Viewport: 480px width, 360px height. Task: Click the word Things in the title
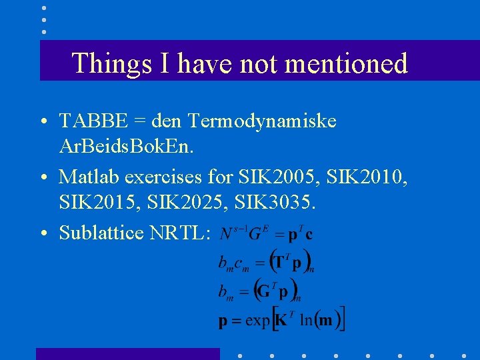tap(111, 63)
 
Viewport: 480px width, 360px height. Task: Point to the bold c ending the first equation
tap(309, 235)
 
